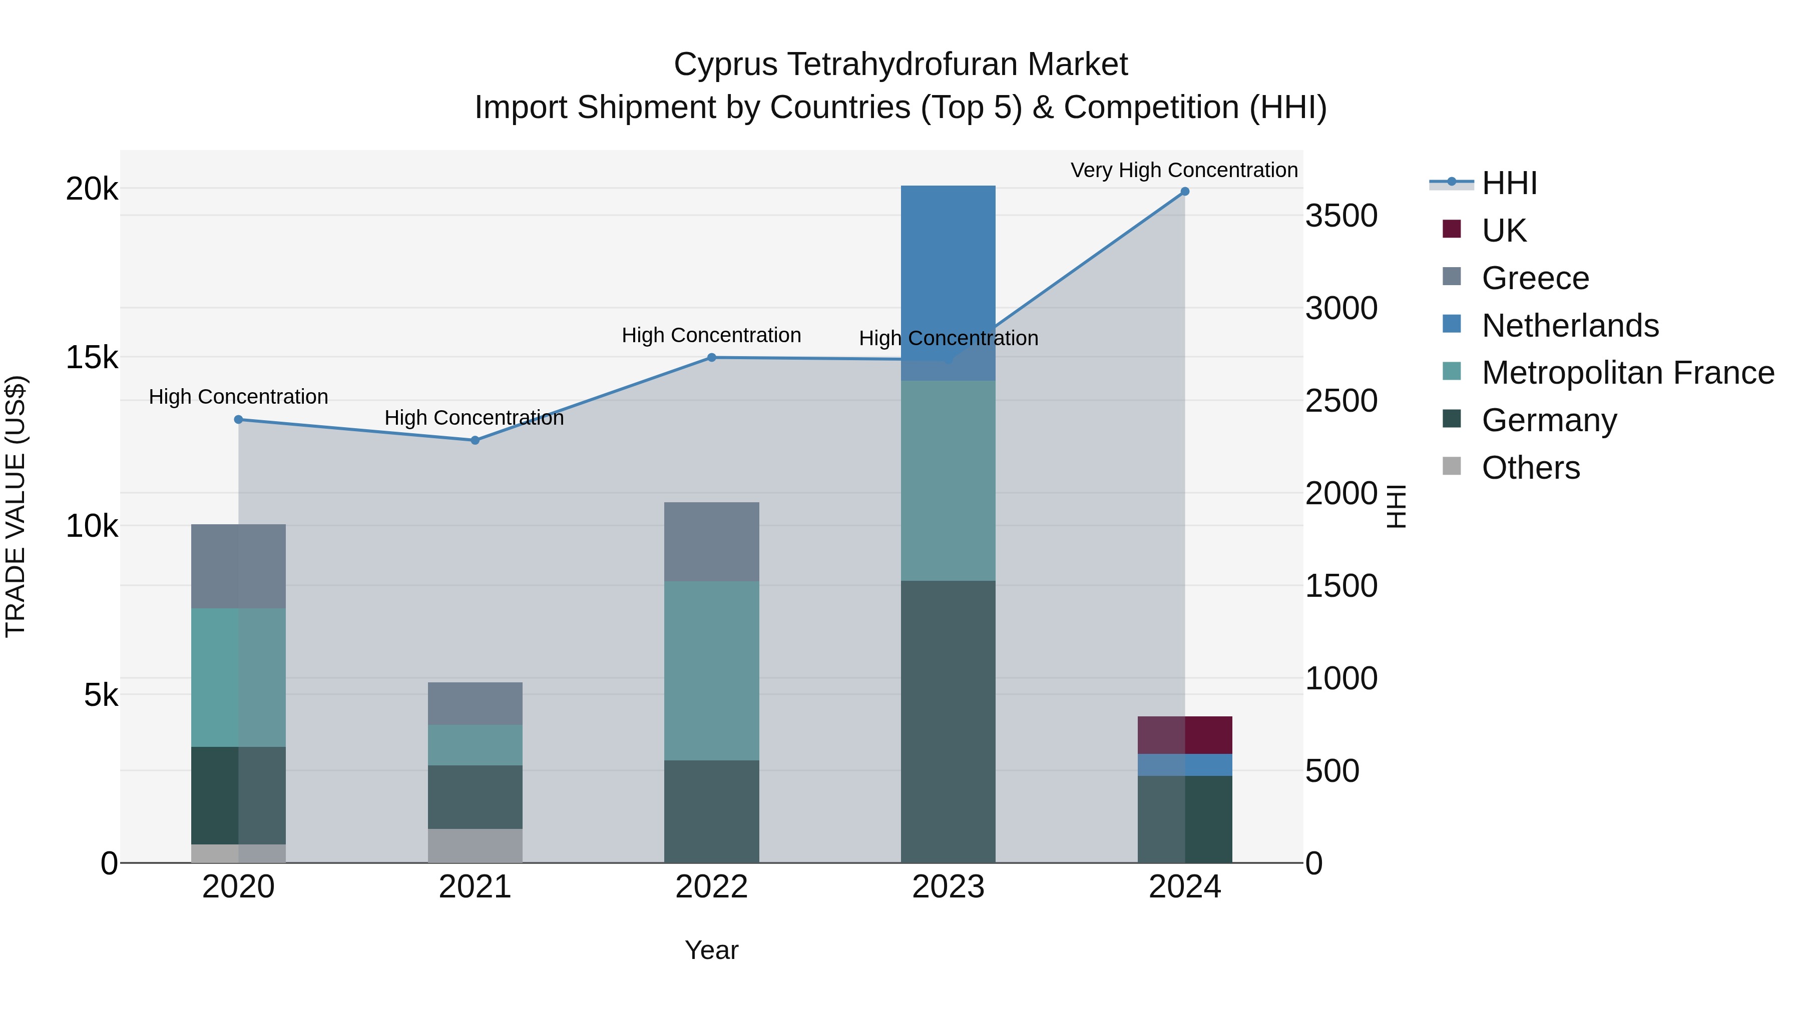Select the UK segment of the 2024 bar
(x=1184, y=735)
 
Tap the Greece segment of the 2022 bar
(x=711, y=541)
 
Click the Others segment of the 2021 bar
(x=475, y=845)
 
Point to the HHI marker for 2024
(x=1184, y=191)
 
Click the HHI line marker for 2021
(x=475, y=440)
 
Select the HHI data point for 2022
(x=711, y=357)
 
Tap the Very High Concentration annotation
(x=1184, y=170)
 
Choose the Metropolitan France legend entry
(x=1627, y=373)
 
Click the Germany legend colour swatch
(x=1452, y=419)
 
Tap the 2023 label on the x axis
(x=948, y=887)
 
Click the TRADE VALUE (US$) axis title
(x=16, y=506)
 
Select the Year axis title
(x=711, y=950)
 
